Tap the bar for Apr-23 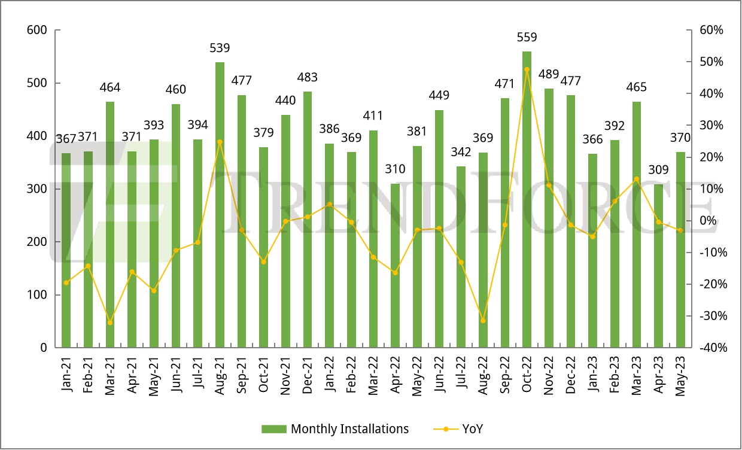pyautogui.click(x=658, y=266)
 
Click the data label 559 pyautogui.click(x=527, y=37)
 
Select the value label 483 pyautogui.click(x=308, y=78)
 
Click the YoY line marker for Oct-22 pyautogui.click(x=527, y=69)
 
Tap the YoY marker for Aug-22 pyautogui.click(x=483, y=321)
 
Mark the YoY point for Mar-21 pyautogui.click(x=110, y=323)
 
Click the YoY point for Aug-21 pyautogui.click(x=220, y=142)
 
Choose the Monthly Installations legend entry pyautogui.click(x=335, y=429)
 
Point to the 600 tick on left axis pyautogui.click(x=38, y=30)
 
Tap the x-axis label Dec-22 pyautogui.click(x=571, y=375)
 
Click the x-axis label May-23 pyautogui.click(x=680, y=375)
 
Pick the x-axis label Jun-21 pyautogui.click(x=176, y=375)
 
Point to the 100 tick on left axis pyautogui.click(x=38, y=295)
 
